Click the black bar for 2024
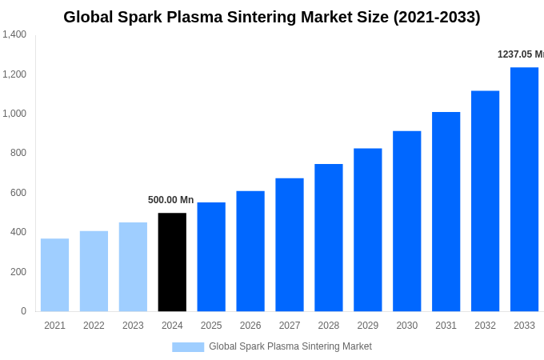[172, 262]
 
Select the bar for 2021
[54, 274]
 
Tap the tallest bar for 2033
[524, 189]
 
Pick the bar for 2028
[328, 238]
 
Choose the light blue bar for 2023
[133, 266]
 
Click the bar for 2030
[406, 221]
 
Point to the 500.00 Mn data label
[170, 200]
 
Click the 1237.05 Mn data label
[520, 54]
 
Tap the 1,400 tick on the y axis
[14, 34]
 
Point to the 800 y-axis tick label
[18, 153]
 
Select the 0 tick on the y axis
[23, 311]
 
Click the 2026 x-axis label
[250, 326]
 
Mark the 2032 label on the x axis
[485, 326]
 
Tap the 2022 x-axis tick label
[94, 326]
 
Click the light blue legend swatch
[188, 346]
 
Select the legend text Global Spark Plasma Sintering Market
[290, 346]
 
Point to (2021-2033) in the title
[437, 17]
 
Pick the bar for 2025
[211, 257]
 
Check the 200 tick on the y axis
[18, 272]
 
